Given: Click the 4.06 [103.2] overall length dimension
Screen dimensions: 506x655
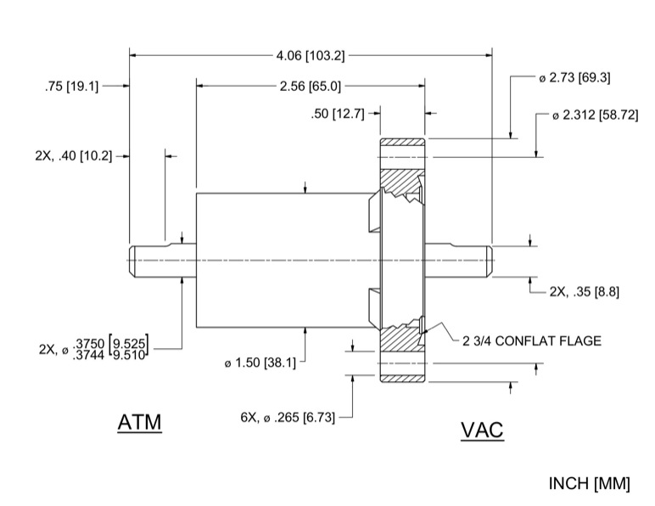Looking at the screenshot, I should click(x=311, y=56).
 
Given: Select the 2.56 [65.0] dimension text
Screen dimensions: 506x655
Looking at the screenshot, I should click(x=311, y=86).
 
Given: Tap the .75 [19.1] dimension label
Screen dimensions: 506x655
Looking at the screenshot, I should click(x=71, y=86).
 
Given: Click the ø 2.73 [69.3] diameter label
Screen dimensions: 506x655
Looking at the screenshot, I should click(x=574, y=77).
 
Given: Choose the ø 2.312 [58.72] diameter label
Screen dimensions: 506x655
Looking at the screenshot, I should click(x=595, y=115).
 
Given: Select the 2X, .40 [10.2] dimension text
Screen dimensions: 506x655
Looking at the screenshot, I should click(x=73, y=156).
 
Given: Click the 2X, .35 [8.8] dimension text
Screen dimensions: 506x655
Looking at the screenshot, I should click(x=584, y=291).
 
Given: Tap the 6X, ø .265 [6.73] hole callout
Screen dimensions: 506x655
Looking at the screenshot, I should click(x=289, y=418).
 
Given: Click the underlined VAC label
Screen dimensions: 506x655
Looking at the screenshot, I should click(x=482, y=430).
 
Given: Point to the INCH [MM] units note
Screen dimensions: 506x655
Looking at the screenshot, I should click(x=590, y=484).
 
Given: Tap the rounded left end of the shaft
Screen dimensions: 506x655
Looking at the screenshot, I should click(x=136, y=260).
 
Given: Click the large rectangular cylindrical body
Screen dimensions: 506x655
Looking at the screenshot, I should click(x=280, y=260).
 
